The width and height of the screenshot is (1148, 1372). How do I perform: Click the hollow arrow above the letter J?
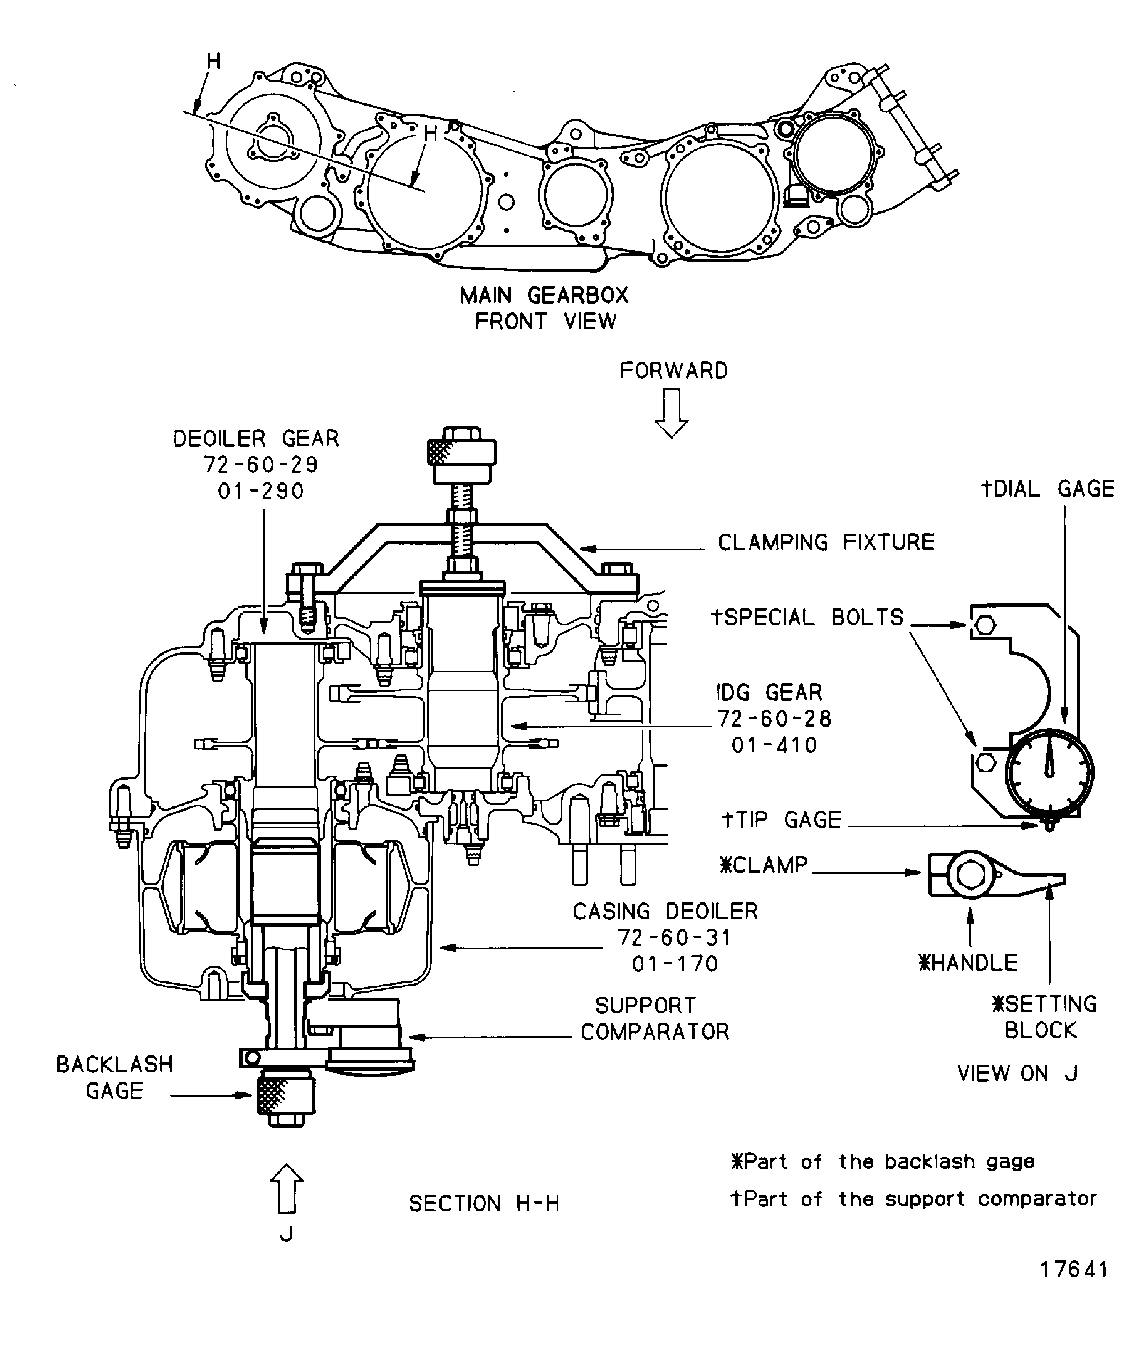tap(286, 1188)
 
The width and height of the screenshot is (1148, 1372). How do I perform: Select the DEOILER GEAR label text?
tap(256, 439)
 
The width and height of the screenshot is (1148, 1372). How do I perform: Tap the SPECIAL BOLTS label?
tap(807, 617)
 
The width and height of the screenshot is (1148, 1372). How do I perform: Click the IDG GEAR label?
tap(769, 693)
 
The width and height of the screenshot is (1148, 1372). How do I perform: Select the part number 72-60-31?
tap(675, 938)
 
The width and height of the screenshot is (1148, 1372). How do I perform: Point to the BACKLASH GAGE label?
tap(114, 1077)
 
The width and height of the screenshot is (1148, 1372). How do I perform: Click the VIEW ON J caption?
tap(1017, 1073)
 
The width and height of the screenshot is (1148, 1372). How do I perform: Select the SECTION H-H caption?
tap(484, 1203)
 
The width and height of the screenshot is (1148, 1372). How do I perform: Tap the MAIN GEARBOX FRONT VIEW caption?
tap(544, 308)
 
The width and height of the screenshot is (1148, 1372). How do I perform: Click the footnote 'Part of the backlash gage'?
tap(883, 1162)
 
